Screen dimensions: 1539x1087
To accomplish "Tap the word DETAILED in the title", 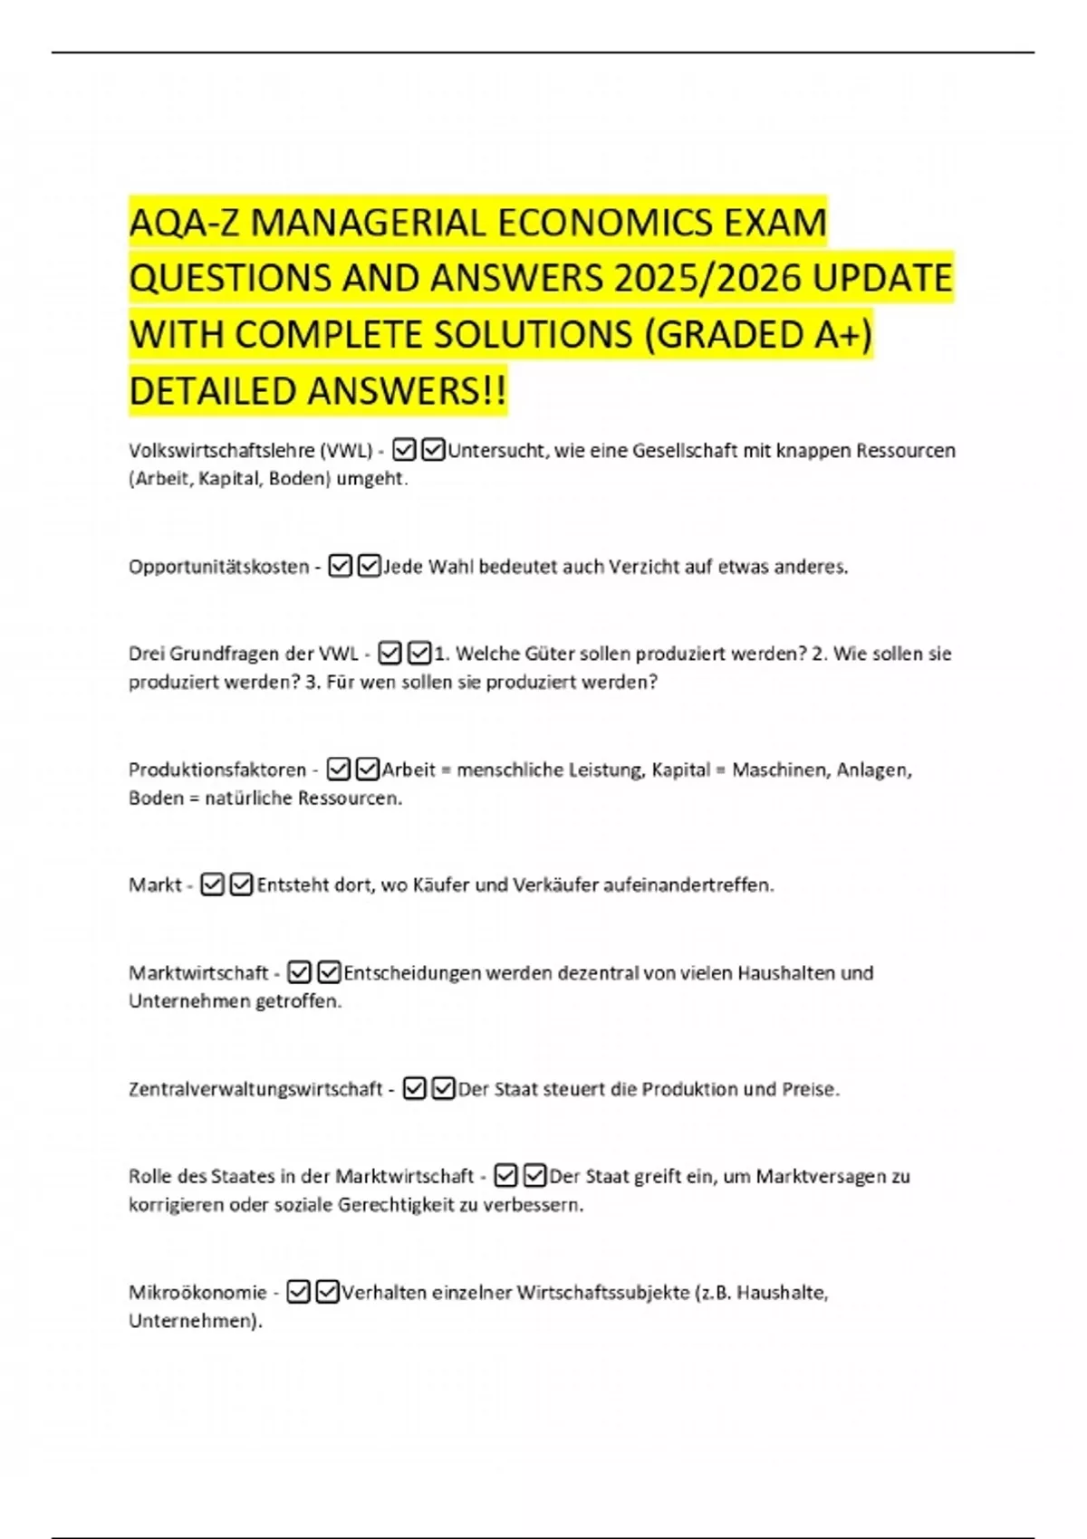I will pos(213,391).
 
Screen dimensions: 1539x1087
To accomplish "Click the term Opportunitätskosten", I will pos(219,567).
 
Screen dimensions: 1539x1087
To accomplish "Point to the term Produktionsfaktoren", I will pos(217,769).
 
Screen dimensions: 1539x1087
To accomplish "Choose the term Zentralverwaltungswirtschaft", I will pos(255,1089).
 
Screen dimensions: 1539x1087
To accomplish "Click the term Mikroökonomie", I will pos(197,1292).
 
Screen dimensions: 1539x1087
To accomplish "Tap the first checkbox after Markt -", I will pos(212,884).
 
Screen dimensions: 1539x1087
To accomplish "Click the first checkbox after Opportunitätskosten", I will pos(340,567).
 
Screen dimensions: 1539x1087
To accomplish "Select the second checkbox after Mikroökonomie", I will pos(328,1292).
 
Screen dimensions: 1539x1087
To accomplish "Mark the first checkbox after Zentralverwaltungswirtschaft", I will pos(414,1089).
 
